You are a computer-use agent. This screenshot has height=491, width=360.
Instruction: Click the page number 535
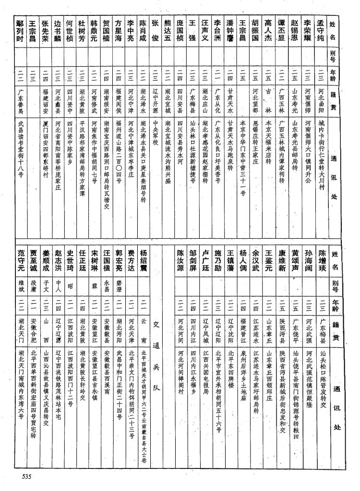point(26,476)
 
